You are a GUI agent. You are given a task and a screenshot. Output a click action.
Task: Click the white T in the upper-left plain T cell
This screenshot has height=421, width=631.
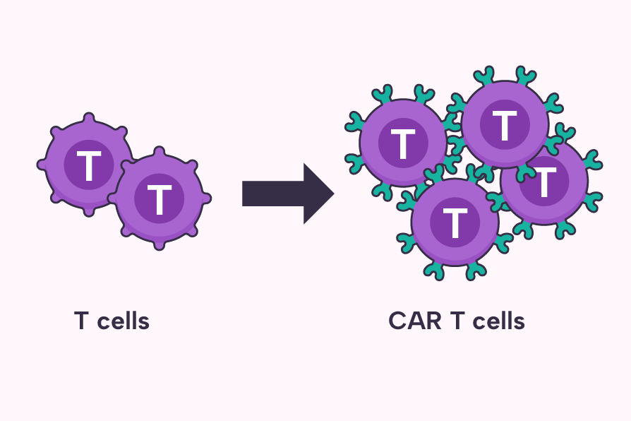coord(88,165)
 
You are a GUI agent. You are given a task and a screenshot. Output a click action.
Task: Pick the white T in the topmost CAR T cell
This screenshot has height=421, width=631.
coord(504,125)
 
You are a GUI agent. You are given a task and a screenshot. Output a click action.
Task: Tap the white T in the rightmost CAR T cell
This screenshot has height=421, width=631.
coord(545,182)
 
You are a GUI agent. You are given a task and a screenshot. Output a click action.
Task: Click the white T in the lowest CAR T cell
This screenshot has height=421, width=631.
coord(455,223)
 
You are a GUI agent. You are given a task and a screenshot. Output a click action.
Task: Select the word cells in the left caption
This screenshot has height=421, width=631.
coord(124,321)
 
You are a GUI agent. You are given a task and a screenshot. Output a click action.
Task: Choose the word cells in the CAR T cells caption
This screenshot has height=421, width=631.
coord(499,321)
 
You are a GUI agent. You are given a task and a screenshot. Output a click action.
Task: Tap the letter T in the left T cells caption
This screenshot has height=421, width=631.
coord(82,321)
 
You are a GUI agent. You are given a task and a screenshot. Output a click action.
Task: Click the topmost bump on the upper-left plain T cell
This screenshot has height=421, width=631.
coord(88,117)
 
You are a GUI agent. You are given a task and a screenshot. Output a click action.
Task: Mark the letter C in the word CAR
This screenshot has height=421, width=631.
coord(397,321)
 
